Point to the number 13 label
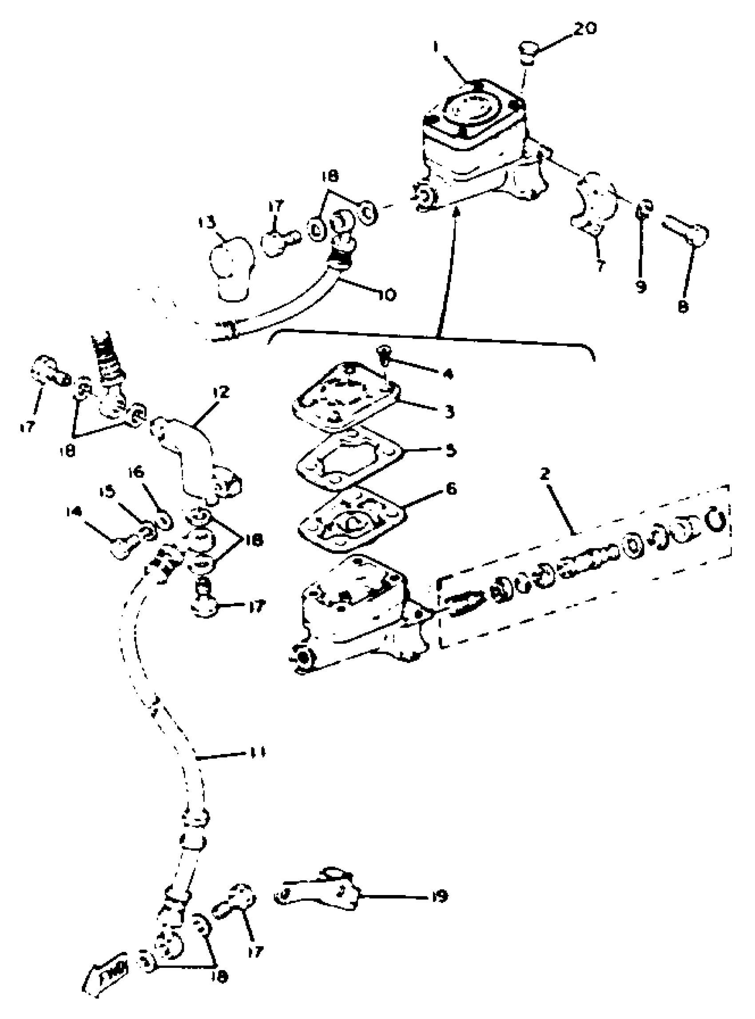click(206, 223)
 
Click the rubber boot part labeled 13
click(231, 268)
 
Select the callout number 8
click(682, 307)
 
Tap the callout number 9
click(641, 287)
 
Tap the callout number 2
click(544, 474)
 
